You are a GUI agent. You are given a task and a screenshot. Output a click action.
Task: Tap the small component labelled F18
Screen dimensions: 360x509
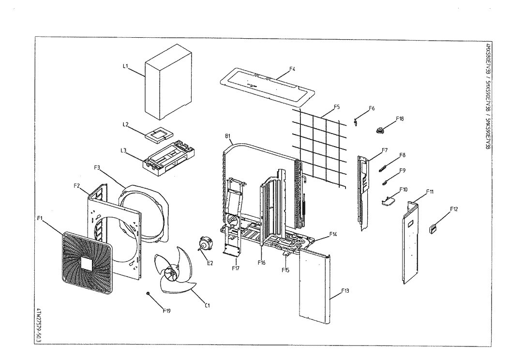(381, 129)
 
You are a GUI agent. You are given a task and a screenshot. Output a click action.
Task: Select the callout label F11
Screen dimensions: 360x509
(430, 192)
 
